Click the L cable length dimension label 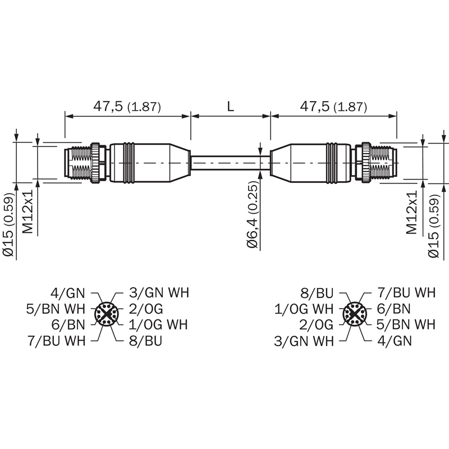231,106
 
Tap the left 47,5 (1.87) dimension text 127,107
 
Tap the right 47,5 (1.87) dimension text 333,107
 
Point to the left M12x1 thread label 29,212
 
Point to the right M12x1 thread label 411,212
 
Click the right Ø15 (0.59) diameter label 433,226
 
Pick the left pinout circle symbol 106,314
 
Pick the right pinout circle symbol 355,314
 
